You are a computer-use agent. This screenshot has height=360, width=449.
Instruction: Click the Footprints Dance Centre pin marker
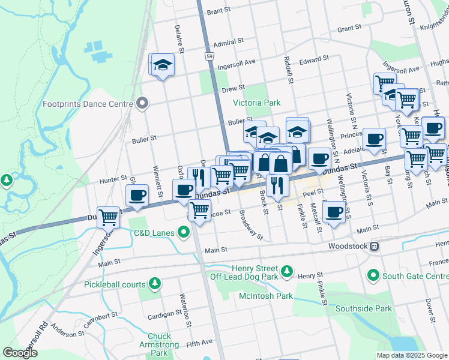pos(142,104)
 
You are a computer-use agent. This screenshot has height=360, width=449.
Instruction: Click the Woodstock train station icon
pos(374,246)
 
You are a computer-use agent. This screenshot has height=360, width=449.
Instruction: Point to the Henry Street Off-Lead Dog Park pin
pos(288,272)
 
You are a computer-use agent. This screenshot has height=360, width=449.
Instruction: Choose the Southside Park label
pos(363,309)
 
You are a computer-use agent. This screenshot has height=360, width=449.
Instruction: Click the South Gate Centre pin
pos(373,275)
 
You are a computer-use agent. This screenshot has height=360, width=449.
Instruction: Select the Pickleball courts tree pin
pos(155,283)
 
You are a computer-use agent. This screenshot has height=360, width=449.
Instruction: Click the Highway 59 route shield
pos(209,56)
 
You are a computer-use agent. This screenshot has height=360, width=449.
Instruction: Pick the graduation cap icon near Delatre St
pos(162,64)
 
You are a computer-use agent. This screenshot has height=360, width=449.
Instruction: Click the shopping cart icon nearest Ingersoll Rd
pos(108,217)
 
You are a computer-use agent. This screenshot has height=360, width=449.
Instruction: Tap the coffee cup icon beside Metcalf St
pos(333,212)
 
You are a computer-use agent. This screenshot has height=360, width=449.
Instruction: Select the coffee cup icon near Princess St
pos(374,139)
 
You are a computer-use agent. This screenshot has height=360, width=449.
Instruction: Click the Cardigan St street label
pos(165,313)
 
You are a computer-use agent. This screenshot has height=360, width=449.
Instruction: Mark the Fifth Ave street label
pos(199,343)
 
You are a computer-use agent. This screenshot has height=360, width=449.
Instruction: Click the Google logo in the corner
pos(20,352)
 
